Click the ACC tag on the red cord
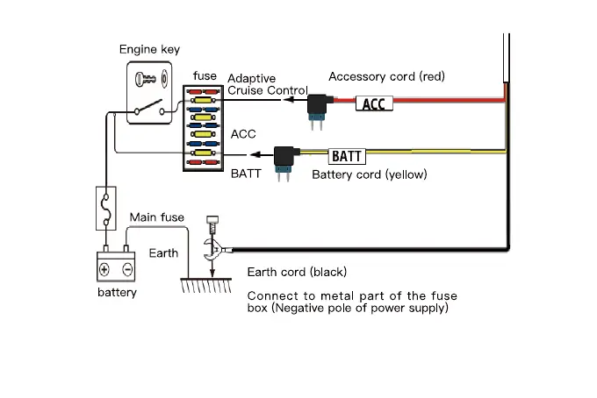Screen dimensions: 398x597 point(372,104)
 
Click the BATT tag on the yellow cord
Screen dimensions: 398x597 point(346,157)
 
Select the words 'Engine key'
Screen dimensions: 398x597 point(149,50)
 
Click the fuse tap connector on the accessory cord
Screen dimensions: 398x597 point(317,106)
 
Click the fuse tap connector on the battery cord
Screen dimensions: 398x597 point(284,159)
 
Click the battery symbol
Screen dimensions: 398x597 point(116,267)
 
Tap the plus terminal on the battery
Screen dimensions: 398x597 point(105,269)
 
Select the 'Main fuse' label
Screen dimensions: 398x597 point(156,217)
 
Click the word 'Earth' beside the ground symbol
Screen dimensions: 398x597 point(162,253)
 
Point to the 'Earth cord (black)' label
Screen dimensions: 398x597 point(297,272)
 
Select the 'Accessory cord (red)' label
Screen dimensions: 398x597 point(387,77)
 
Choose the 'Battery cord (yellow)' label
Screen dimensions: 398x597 point(370,174)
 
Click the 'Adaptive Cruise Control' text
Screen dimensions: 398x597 point(267,84)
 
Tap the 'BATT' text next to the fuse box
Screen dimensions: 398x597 point(246,174)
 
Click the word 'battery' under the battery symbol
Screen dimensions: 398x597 point(117,292)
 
